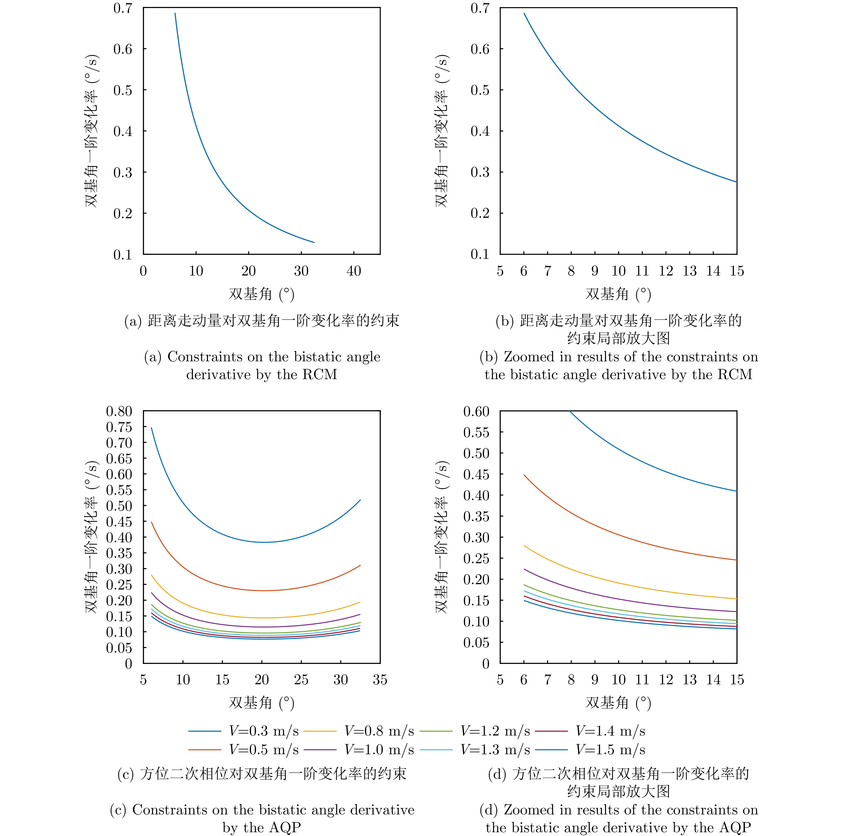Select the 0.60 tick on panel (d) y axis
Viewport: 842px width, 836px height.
476,411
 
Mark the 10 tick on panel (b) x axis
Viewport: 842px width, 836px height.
618,271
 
